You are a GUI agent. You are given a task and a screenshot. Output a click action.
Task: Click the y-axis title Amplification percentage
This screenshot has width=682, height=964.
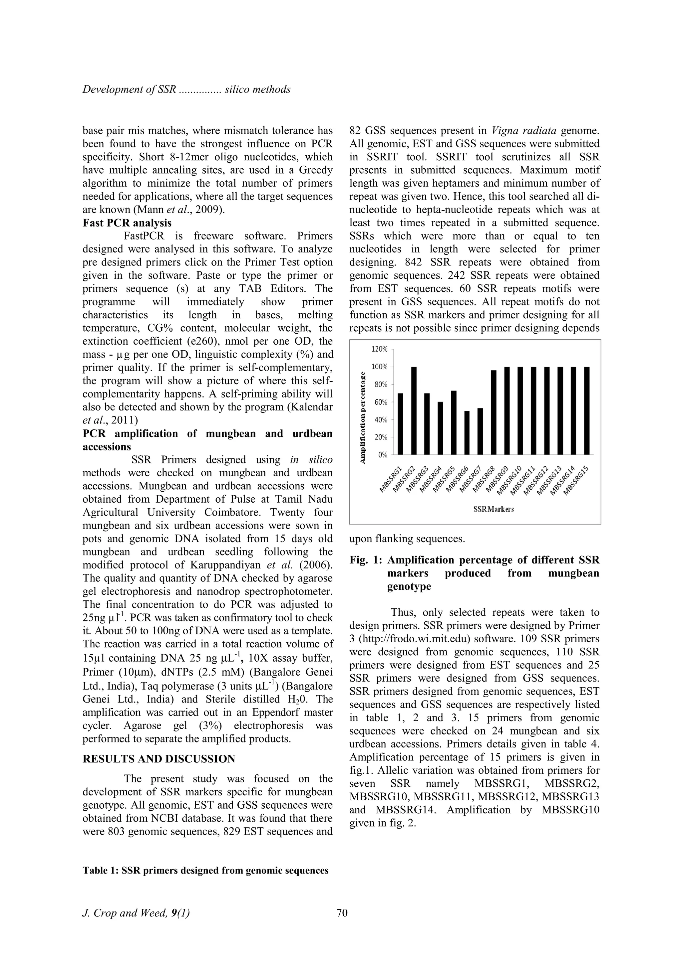363,418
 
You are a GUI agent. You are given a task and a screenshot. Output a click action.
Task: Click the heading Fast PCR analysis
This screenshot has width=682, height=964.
127,223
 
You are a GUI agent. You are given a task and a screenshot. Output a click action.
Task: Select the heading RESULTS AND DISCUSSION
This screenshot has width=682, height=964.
159,759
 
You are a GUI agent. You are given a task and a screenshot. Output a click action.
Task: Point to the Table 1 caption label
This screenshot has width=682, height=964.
101,871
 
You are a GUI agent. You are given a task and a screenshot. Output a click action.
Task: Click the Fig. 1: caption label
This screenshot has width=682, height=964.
366,560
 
